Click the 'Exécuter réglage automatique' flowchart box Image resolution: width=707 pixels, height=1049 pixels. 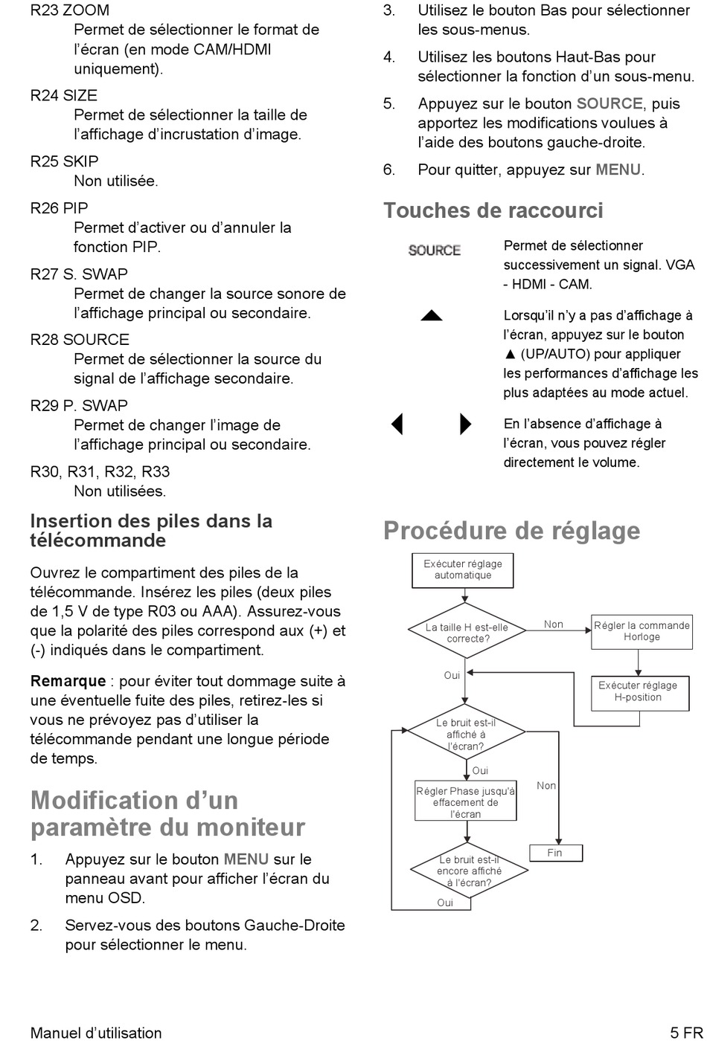(462, 570)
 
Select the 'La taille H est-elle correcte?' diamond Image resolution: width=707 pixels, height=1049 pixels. (466, 630)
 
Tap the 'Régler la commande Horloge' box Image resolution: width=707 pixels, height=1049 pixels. (642, 632)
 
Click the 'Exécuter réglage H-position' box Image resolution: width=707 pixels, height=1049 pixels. (640, 694)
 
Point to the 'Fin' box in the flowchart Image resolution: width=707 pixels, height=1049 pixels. (556, 853)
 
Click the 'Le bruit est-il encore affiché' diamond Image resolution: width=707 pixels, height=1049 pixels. (469, 871)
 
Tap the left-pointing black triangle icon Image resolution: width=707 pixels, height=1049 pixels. (397, 424)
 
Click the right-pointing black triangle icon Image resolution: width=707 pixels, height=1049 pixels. (466, 424)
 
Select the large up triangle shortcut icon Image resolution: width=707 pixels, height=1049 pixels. (432, 315)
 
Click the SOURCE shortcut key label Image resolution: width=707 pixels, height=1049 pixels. (434, 251)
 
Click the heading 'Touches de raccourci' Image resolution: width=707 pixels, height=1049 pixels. (493, 210)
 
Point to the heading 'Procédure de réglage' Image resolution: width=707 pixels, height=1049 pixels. (511, 532)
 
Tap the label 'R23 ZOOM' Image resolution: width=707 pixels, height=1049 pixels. (70, 10)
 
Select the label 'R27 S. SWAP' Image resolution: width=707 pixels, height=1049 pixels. (79, 274)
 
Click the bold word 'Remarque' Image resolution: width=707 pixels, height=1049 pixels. (68, 681)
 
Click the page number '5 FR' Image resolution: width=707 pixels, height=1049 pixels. (686, 1033)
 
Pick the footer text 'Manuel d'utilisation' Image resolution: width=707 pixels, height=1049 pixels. (96, 1033)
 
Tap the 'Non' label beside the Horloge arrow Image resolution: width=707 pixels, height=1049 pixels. (553, 624)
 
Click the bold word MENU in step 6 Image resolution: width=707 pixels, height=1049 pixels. (618, 170)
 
